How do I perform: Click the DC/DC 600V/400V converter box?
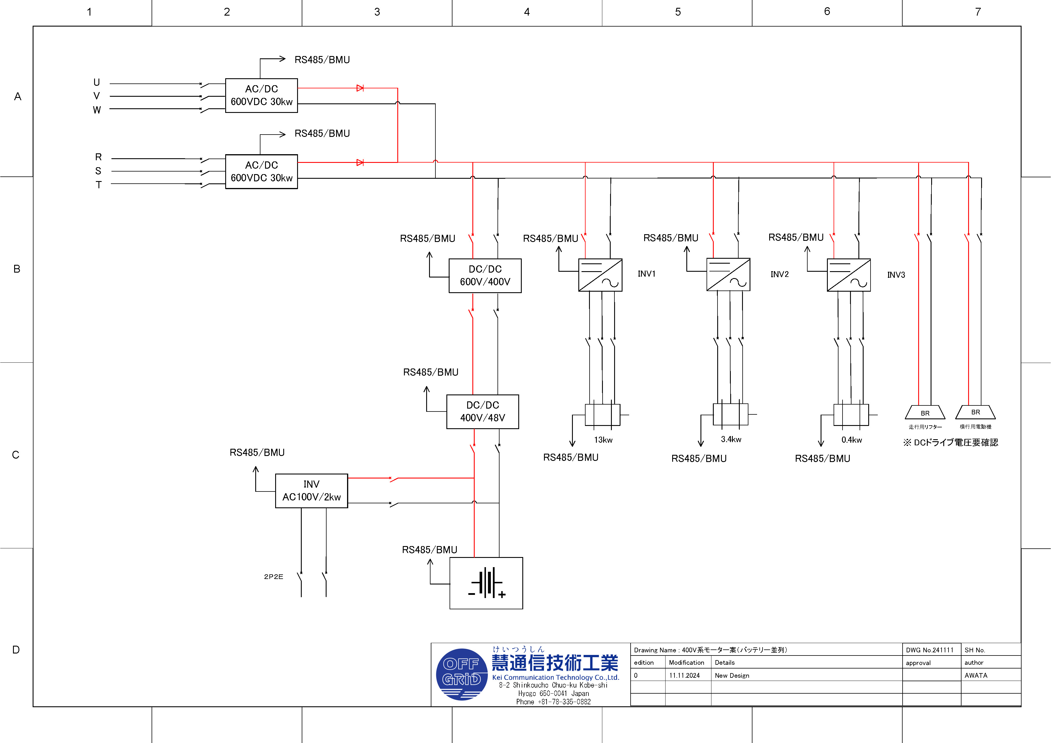485,275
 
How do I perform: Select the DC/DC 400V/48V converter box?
482,411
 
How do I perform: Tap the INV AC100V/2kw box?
311,491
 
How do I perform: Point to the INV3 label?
896,275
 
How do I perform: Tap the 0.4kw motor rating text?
851,440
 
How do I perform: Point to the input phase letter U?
97,82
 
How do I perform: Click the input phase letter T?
98,185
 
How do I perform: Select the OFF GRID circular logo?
461,674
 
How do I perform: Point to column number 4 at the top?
527,12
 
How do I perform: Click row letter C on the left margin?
16,455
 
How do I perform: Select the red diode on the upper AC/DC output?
360,88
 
